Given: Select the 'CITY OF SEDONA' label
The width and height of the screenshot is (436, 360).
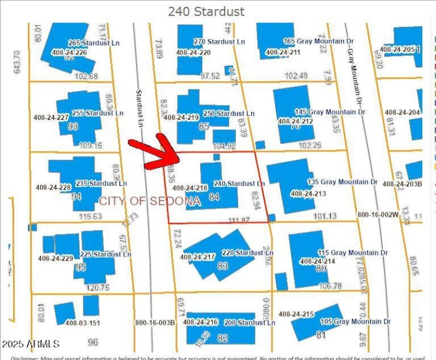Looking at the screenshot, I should point(150,201).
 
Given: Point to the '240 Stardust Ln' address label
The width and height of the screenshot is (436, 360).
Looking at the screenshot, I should point(239,183).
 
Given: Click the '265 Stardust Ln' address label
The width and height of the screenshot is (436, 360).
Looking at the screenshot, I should point(94,43).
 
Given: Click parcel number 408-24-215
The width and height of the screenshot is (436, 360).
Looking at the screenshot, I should point(296,314).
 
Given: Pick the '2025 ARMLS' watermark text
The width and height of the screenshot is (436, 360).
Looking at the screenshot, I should point(31,344).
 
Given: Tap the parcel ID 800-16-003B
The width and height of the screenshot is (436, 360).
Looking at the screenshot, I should point(155,322).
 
